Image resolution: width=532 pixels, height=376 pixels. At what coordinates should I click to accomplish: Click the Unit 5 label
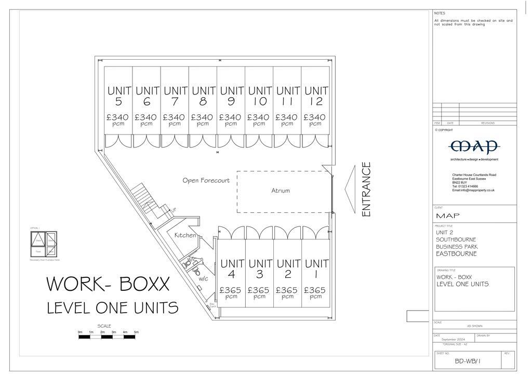[x=118, y=96]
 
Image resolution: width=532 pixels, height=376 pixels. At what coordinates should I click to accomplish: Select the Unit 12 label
[x=315, y=96]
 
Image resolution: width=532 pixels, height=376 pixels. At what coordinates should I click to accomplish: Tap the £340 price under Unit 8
[x=203, y=117]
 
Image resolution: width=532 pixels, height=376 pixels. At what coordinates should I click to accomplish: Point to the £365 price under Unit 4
[x=231, y=290]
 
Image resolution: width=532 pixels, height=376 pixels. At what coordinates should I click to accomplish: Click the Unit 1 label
[x=315, y=269]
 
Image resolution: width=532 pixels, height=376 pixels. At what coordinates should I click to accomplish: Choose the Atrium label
[x=281, y=191]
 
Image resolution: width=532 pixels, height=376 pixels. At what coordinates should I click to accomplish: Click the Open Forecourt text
[x=206, y=181]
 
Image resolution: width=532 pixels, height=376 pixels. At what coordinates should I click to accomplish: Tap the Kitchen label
[x=185, y=235]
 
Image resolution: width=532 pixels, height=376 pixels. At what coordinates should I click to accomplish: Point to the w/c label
[x=203, y=279]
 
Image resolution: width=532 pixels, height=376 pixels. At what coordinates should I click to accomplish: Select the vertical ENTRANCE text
[x=366, y=189]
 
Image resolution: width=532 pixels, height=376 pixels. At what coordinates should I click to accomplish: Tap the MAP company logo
[x=474, y=146]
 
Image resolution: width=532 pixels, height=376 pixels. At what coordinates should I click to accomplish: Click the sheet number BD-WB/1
[x=468, y=361]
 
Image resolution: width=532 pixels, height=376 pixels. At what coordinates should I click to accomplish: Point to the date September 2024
[x=453, y=340]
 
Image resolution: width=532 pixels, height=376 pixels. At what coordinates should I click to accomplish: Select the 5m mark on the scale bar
[x=136, y=332]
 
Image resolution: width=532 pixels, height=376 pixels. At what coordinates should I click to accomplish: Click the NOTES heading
[x=440, y=14]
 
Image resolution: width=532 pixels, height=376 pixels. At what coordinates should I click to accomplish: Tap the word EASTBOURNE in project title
[x=456, y=254]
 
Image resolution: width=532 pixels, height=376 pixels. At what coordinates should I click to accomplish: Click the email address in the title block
[x=473, y=191]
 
